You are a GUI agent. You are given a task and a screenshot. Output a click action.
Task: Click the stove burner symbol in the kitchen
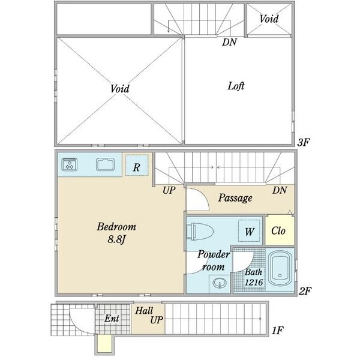70,164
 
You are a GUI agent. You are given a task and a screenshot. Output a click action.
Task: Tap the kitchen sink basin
106,164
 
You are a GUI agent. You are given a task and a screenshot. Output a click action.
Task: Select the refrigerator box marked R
137,166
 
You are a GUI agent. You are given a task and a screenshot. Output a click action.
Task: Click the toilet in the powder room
200,232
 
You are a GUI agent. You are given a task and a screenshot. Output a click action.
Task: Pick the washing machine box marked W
249,231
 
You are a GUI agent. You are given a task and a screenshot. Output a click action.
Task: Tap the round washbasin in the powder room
220,283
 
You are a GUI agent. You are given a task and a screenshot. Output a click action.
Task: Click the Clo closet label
278,230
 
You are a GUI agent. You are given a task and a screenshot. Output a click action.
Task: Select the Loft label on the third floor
236,86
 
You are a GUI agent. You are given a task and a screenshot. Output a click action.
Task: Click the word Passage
235,198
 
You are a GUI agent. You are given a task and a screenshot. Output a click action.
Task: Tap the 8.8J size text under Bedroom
116,239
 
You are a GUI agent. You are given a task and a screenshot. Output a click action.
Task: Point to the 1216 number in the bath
253,282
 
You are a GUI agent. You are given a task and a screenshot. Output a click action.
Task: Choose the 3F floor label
304,143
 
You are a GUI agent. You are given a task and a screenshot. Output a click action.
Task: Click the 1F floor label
277,331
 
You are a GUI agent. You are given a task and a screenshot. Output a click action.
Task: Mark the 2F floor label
305,291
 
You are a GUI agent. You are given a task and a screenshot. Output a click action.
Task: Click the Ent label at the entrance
112,318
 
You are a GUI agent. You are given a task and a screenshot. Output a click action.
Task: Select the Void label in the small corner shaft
269,19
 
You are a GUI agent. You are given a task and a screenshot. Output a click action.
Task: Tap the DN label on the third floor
229,42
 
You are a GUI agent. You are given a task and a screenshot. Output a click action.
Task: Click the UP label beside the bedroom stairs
169,190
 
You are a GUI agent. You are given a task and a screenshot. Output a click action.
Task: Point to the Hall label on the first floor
144,311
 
